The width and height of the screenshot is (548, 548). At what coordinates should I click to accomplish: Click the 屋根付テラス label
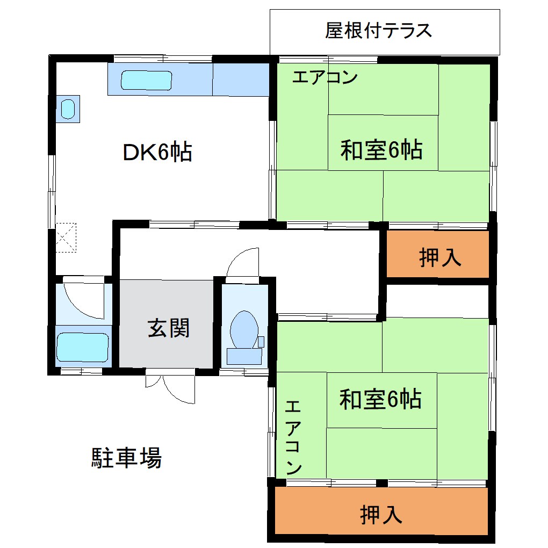click(378, 31)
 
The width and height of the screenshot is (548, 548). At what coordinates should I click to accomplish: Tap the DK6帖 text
click(157, 153)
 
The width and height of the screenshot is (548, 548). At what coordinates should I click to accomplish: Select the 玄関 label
click(169, 328)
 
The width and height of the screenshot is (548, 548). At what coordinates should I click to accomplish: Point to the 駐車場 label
click(126, 458)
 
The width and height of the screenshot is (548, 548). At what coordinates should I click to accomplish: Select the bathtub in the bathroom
click(83, 347)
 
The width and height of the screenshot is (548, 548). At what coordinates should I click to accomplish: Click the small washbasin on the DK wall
click(68, 109)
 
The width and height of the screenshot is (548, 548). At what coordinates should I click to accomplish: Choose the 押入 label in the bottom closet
click(381, 515)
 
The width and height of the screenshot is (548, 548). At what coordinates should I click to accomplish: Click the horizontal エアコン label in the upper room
click(325, 78)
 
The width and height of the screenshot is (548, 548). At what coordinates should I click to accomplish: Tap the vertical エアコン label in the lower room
click(294, 437)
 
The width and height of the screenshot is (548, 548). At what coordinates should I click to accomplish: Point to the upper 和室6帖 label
click(381, 150)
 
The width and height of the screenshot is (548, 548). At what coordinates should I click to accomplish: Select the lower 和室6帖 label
click(380, 400)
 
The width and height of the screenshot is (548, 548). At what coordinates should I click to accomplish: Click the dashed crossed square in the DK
click(67, 237)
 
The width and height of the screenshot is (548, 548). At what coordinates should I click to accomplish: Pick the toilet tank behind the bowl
click(245, 356)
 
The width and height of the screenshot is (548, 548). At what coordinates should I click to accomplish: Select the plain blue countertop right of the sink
click(241, 80)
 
